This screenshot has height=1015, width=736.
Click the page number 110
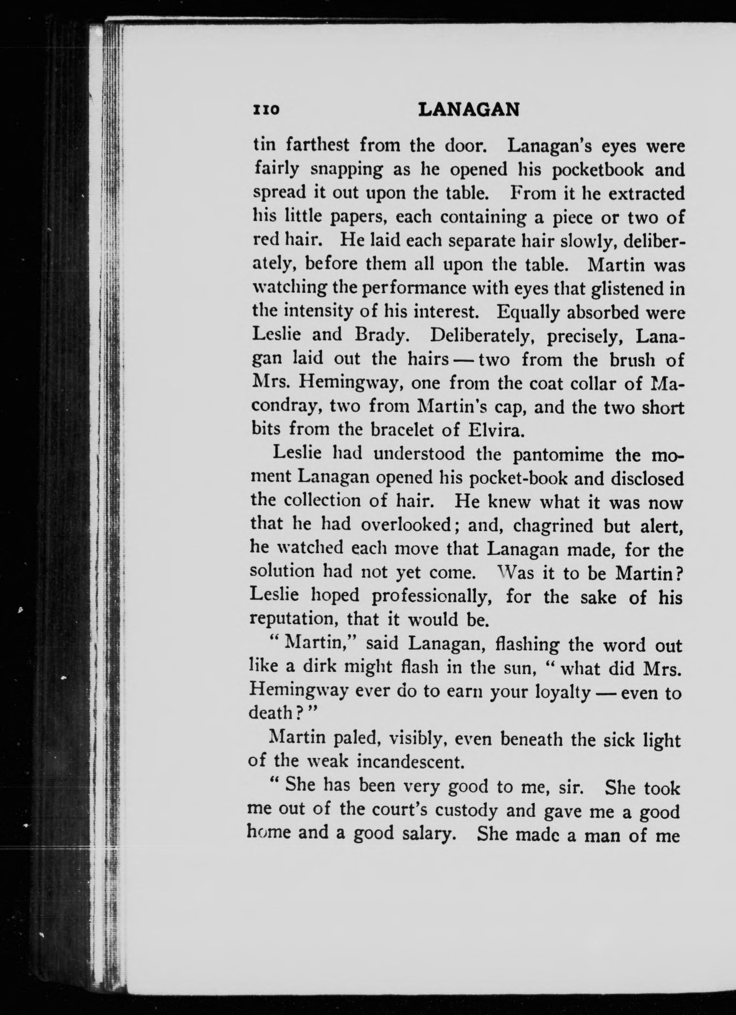tap(267, 110)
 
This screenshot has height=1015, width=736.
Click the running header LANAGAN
tap(469, 110)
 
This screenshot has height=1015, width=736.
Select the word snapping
tap(347, 170)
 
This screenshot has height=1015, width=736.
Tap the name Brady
tap(380, 335)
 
